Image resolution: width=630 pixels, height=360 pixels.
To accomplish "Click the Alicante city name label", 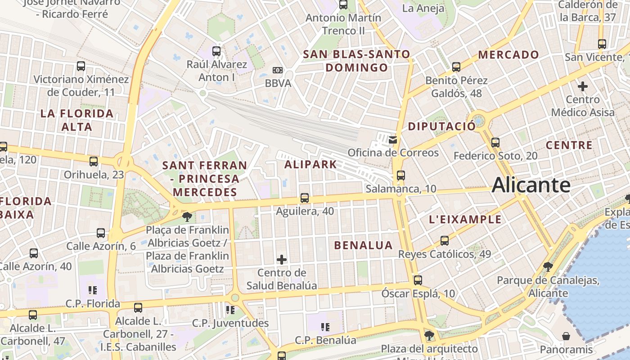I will pos(531,185).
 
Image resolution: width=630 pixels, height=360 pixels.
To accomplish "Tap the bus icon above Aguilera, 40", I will pos(305,198).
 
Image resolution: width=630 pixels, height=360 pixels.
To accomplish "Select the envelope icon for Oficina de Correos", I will pos(393,139).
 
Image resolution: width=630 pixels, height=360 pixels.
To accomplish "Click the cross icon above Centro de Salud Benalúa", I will pos(282,259).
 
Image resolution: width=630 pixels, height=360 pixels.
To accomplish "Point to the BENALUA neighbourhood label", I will pos(363,245).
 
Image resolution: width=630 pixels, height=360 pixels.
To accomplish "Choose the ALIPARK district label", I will pos(310,164).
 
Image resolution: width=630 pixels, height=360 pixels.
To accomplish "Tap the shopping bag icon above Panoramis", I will pos(566,336).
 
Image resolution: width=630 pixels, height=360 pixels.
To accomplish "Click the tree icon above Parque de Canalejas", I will pos(548,267).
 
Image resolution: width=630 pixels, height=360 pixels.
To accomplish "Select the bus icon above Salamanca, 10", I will pos(400,175).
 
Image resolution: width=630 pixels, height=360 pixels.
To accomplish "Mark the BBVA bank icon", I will pos(278,70).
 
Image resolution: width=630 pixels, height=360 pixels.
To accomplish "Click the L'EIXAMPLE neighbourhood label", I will pos(465,220).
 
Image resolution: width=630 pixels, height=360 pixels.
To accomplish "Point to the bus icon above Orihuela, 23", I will pos(94,161).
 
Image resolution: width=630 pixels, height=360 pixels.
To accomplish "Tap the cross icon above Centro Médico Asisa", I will pos(583,86).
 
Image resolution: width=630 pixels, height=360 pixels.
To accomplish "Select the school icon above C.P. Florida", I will pos(93,290).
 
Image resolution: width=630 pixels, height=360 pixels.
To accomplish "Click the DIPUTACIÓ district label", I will pos(441,126).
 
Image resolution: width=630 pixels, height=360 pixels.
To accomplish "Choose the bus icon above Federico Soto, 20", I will pos(495,143).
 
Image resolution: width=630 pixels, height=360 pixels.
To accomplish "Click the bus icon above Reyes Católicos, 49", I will pos(445,241).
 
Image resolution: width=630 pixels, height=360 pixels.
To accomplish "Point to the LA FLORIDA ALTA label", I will pos(77,120).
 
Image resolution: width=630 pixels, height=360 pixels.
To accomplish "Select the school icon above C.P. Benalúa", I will pos(325,327).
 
